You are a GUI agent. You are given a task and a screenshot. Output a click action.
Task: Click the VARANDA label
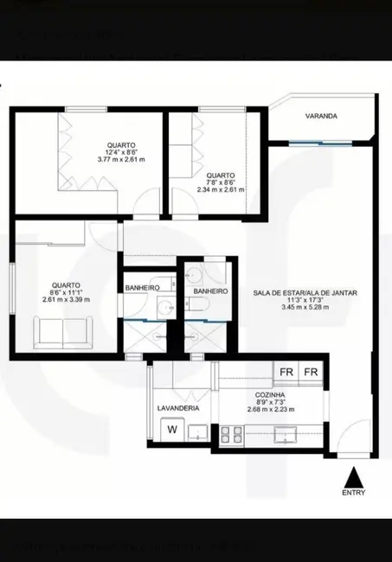click(320, 116)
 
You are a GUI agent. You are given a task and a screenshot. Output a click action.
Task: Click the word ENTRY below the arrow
click(353, 494)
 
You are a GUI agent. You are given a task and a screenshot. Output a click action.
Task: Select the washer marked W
click(172, 429)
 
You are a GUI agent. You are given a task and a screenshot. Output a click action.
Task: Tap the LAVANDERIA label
click(178, 407)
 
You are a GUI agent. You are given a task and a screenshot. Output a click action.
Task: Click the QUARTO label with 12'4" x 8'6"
click(121, 144)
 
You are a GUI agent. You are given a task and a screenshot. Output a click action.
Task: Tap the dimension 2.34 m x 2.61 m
click(221, 189)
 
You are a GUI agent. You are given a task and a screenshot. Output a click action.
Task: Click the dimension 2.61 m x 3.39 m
click(66, 299)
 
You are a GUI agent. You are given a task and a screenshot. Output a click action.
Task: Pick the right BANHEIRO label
click(210, 291)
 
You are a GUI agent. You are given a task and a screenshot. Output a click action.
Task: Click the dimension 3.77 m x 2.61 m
click(121, 161)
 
